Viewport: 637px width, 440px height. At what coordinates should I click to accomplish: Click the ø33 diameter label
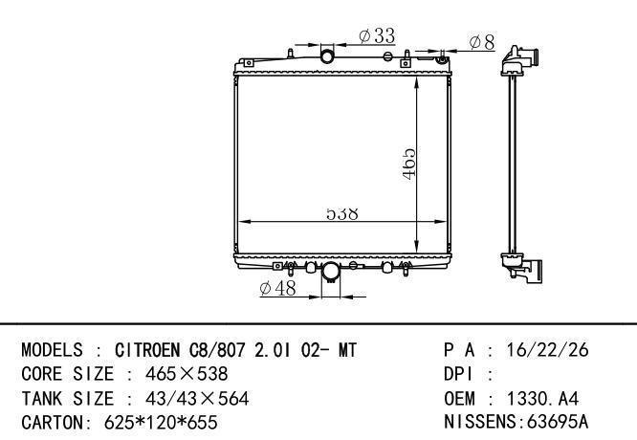377,35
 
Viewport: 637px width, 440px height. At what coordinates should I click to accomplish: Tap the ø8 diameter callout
482,42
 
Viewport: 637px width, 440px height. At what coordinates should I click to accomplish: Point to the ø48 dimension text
278,288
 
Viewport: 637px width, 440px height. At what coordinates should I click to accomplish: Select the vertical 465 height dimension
408,164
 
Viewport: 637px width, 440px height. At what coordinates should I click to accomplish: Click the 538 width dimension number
342,213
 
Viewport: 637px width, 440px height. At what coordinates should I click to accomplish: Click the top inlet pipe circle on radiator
327,56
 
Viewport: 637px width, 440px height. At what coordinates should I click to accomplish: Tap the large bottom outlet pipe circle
330,271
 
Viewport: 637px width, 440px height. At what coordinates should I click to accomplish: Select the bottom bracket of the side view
522,267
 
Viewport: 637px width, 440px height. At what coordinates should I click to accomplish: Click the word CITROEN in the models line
147,350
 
